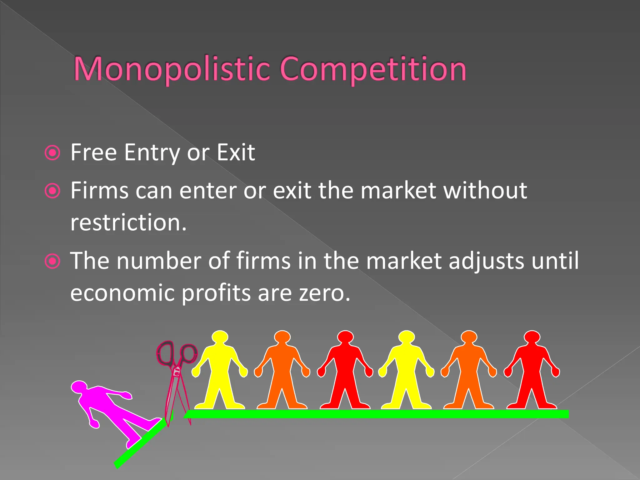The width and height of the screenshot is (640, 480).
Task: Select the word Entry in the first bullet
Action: (152, 153)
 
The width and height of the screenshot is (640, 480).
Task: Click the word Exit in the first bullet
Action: (236, 152)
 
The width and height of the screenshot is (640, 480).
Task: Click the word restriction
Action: (128, 222)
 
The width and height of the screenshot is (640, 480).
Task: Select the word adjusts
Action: (486, 261)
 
